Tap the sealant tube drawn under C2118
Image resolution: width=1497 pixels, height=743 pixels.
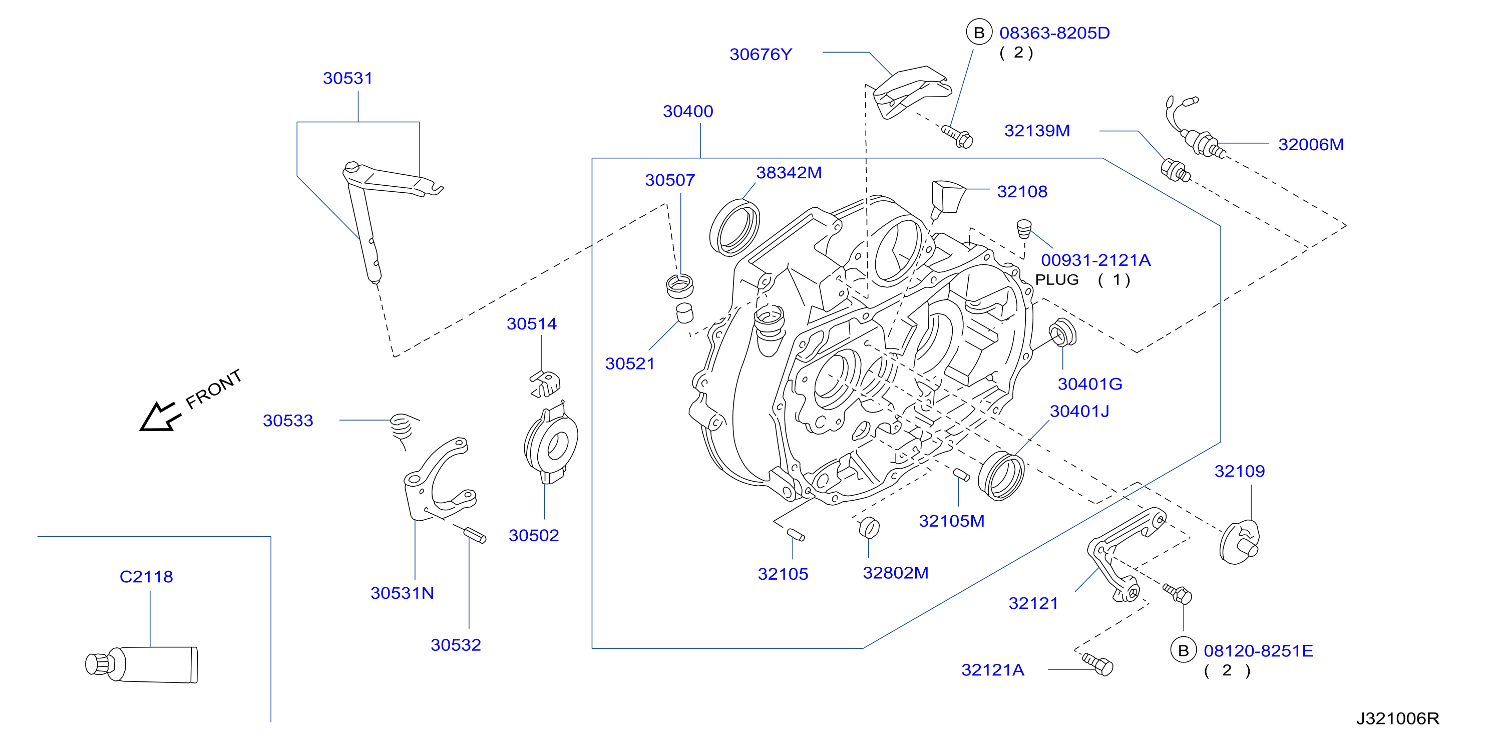click(141, 664)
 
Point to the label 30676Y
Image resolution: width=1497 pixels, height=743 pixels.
click(761, 54)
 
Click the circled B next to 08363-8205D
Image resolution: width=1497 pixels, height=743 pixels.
click(979, 33)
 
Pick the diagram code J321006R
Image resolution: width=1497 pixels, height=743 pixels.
click(1398, 718)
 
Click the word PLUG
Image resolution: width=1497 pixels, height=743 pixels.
click(1056, 279)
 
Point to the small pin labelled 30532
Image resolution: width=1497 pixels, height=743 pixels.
click(475, 534)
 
